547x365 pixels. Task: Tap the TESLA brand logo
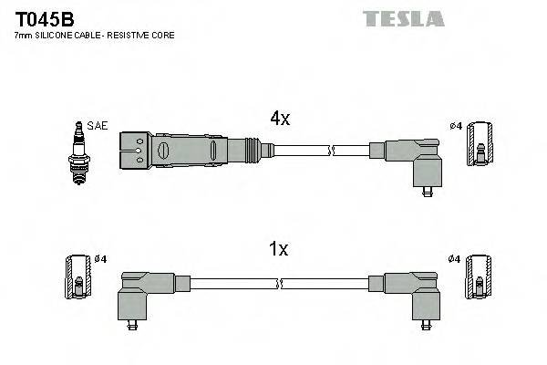[404, 17]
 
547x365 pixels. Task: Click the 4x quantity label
[279, 118]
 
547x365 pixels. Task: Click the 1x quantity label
[279, 249]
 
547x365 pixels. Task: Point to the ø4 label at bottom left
[101, 259]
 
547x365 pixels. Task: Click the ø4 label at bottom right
[455, 259]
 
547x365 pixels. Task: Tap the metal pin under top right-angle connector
[428, 191]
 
